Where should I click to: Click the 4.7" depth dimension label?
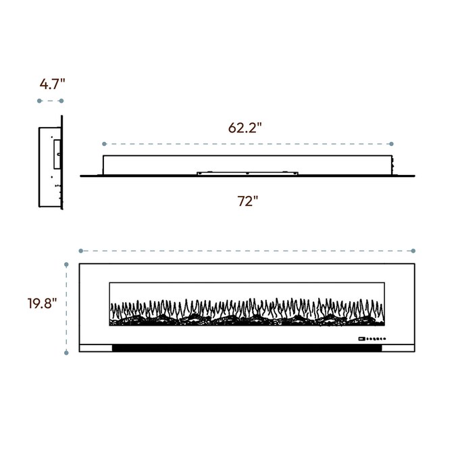(52, 84)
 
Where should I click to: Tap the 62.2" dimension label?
(245, 128)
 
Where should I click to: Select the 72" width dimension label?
(248, 201)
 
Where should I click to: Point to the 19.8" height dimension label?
(42, 303)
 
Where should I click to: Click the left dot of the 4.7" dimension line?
(40, 101)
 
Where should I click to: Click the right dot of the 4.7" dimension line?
(61, 101)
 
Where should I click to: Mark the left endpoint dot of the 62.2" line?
(105, 144)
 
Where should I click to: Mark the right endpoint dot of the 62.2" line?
(391, 144)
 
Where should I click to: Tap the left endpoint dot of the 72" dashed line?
(81, 251)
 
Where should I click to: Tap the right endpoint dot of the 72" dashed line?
(413, 251)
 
